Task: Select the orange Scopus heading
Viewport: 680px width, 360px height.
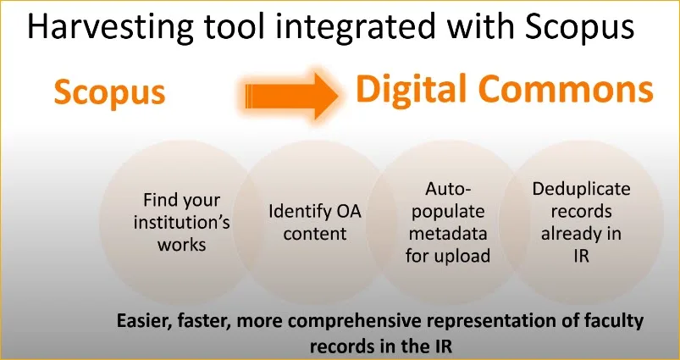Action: coord(109,93)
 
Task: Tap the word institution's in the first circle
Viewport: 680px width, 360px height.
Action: coord(181,223)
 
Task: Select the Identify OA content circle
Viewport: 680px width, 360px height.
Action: coord(314,222)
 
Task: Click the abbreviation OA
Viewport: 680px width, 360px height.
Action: coord(346,211)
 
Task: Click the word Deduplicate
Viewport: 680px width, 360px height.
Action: coord(581,189)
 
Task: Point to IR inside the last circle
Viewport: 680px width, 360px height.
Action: coord(581,255)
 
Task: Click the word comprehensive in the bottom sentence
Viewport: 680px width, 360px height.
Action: coord(363,321)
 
